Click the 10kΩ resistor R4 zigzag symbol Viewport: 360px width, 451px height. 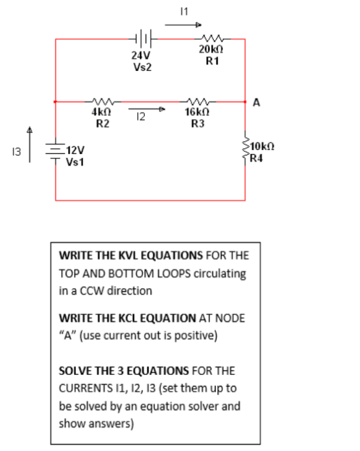coord(246,153)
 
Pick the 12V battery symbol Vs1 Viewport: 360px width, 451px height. coord(57,153)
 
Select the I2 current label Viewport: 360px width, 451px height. coord(141,117)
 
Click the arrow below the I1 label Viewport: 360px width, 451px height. coord(183,25)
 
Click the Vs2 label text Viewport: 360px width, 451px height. coord(142,67)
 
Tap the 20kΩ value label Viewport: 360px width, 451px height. coord(211,50)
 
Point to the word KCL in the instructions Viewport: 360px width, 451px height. coord(122,318)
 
